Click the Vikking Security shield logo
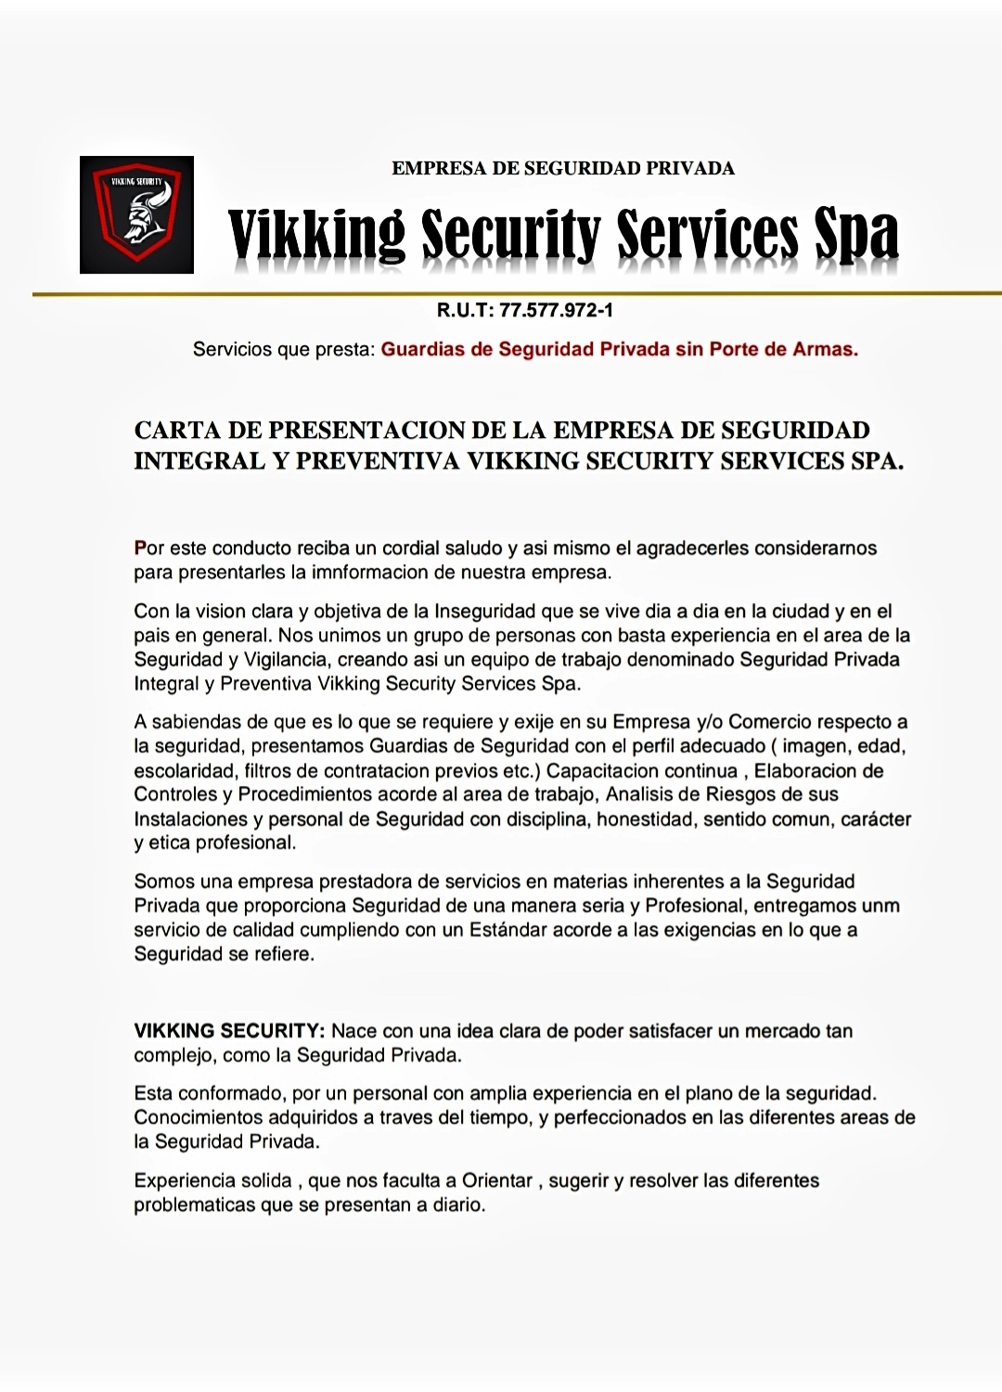(136, 214)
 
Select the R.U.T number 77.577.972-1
(556, 310)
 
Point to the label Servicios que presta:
(283, 349)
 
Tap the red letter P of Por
(140, 548)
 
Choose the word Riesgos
(739, 794)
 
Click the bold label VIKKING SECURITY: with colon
(229, 1031)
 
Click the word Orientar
(497, 1180)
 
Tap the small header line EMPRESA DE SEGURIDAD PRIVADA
(562, 168)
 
